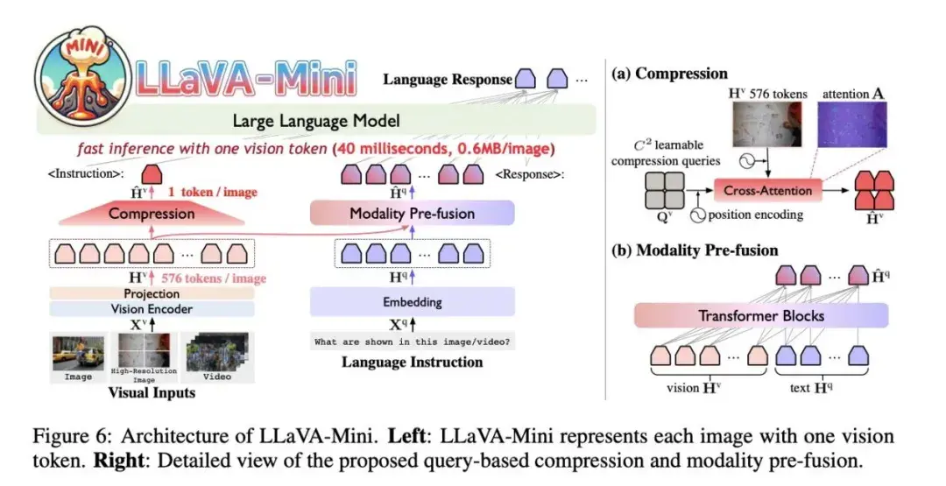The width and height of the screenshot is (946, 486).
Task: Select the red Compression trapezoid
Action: pyautogui.click(x=151, y=213)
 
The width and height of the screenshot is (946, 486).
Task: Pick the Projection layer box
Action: pyautogui.click(x=151, y=293)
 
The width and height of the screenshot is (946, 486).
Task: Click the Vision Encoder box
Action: pyautogui.click(x=151, y=309)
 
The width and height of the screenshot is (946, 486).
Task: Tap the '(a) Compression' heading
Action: pyautogui.click(x=670, y=74)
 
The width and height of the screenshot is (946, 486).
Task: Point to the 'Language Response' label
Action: pyautogui.click(x=448, y=80)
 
